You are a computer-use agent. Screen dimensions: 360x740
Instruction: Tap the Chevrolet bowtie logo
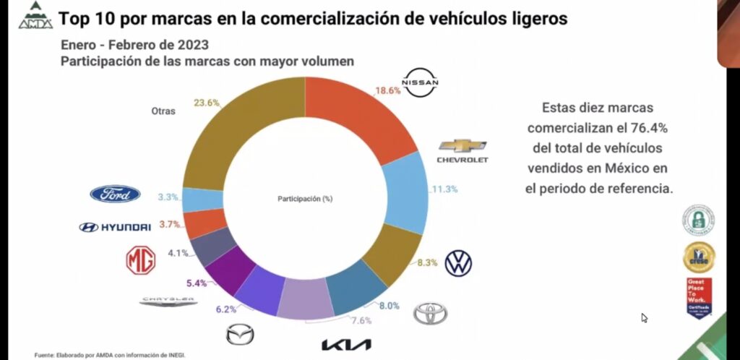coord(462,145)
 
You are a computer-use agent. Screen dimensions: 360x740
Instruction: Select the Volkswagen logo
coord(458,263)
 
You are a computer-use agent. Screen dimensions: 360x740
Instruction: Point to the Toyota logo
coord(430,313)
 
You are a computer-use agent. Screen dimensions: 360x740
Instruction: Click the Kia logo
coord(346,344)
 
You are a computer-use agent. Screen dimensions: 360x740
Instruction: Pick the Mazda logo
coord(240,335)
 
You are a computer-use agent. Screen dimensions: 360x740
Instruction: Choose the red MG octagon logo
coord(141,260)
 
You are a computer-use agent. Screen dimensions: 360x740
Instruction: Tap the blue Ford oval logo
coord(115,194)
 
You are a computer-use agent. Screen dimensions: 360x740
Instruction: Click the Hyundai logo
coord(115,227)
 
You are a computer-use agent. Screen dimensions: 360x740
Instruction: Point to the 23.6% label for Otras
coord(206,103)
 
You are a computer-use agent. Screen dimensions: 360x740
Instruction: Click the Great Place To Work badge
coord(699,297)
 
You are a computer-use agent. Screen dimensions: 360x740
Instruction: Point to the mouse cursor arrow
coord(644,317)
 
